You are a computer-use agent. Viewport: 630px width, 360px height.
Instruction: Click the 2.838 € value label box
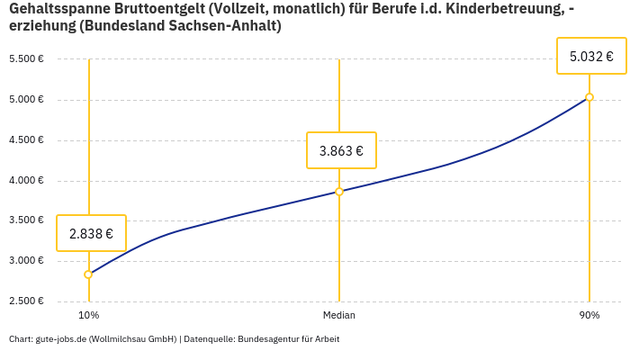tap(91, 233)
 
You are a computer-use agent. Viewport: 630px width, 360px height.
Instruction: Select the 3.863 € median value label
tap(341, 150)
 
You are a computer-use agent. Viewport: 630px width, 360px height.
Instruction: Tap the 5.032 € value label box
tap(591, 56)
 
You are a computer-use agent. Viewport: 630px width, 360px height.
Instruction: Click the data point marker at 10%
tap(88, 274)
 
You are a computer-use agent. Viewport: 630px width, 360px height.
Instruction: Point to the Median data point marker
tap(339, 192)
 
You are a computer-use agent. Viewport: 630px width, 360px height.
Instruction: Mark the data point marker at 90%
tap(589, 97)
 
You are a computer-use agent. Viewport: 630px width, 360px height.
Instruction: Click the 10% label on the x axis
tap(88, 315)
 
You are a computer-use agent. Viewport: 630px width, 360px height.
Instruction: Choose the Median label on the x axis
tap(339, 315)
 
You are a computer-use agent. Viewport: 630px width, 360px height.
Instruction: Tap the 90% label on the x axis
tap(589, 315)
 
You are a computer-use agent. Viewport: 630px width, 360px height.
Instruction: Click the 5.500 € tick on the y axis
tap(26, 59)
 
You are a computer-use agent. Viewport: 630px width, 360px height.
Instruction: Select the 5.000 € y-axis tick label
tap(26, 100)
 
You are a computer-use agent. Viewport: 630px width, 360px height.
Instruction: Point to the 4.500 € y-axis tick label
tap(26, 140)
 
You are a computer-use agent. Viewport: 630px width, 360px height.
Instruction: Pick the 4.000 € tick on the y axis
tap(26, 181)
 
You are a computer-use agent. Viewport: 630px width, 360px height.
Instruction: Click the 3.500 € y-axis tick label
tap(26, 220)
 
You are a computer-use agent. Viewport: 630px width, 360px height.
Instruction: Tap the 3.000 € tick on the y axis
tap(26, 261)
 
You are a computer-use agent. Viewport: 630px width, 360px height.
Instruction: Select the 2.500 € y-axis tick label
tap(26, 301)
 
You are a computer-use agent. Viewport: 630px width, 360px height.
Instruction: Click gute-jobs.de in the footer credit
tap(60, 339)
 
